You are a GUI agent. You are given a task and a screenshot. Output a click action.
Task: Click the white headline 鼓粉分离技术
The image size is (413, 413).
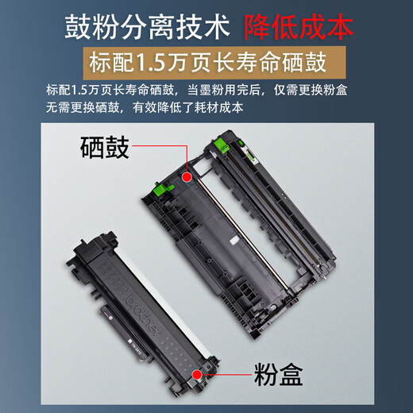pyautogui.click(x=147, y=27)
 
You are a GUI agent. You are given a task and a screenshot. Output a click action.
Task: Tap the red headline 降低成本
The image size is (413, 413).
pyautogui.click(x=299, y=27)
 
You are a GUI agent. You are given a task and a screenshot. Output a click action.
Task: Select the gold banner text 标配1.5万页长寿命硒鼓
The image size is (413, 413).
pyautogui.click(x=207, y=63)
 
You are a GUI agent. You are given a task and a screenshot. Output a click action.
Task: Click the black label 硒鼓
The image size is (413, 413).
pyautogui.click(x=105, y=148)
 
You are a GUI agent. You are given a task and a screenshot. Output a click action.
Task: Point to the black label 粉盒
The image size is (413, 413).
pyautogui.click(x=278, y=374)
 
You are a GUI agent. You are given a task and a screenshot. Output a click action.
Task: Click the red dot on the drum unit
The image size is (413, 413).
pyautogui.click(x=187, y=177)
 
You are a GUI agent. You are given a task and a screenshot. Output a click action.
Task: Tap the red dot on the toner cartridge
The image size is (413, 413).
pyautogui.click(x=197, y=374)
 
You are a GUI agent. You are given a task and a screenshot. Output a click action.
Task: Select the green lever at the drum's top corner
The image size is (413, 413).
pyautogui.click(x=222, y=146)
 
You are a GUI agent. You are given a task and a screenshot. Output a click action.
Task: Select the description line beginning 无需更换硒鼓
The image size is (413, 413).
pyautogui.click(x=145, y=108)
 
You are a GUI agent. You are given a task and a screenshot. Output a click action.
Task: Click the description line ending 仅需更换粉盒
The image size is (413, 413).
pyautogui.click(x=196, y=91)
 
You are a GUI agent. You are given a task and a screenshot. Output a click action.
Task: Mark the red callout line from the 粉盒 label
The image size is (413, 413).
pyautogui.click(x=226, y=374)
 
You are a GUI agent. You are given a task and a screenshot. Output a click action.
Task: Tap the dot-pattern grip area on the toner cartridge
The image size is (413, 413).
pyautogui.click(x=175, y=351)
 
